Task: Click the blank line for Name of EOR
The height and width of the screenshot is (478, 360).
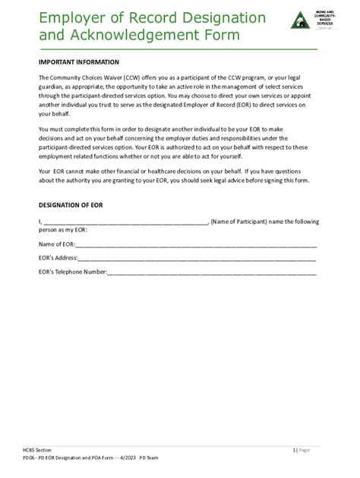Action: pos(195,245)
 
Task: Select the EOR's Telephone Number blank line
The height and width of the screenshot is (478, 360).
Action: pos(212,272)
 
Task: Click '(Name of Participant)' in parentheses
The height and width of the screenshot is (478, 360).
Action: pos(238,221)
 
